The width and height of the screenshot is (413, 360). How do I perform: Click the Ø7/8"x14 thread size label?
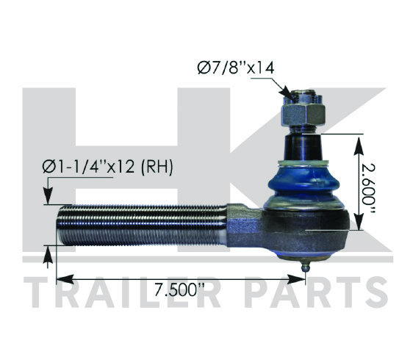pos(236,68)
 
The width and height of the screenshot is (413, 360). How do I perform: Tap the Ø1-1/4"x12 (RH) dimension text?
pos(108,167)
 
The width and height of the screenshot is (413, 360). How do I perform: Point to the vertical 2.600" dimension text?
pos(368,188)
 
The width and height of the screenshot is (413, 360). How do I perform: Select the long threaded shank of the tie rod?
pos(142,225)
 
